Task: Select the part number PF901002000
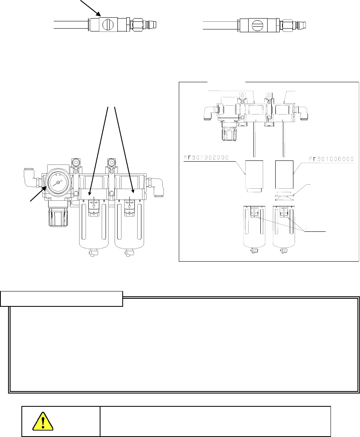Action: [x=206, y=158]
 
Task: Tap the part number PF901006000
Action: [x=331, y=159]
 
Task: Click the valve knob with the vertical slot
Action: [x=108, y=25]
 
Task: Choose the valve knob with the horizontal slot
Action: [x=257, y=25]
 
